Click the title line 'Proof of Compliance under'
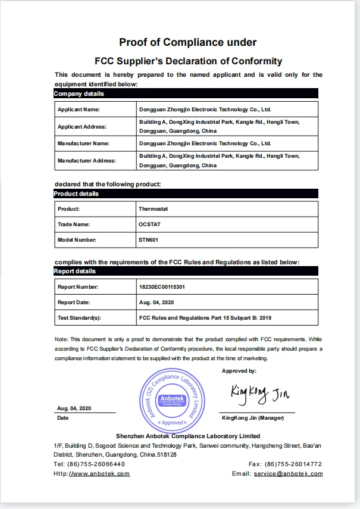click(x=188, y=42)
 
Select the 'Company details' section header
click(x=79, y=94)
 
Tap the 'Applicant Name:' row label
click(x=79, y=110)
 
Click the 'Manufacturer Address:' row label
click(x=87, y=161)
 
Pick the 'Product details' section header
click(x=77, y=194)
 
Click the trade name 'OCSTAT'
click(x=149, y=224)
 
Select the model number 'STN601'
click(x=148, y=240)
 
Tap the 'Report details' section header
click(x=75, y=271)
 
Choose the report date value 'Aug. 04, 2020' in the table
click(x=156, y=302)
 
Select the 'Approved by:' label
click(x=239, y=371)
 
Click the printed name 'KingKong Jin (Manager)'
click(x=252, y=418)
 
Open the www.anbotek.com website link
click(x=99, y=474)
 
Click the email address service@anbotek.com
click(x=288, y=474)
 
